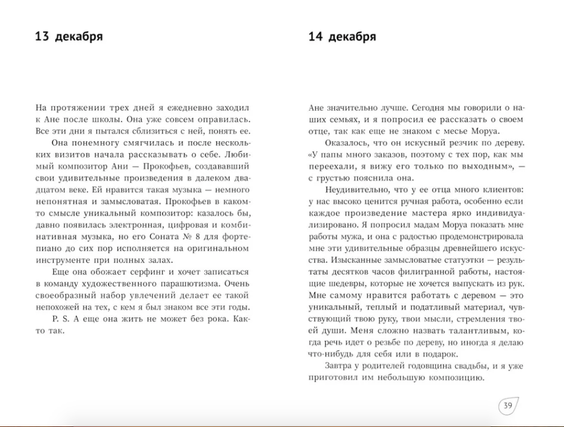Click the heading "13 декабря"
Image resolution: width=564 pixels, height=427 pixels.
(69, 37)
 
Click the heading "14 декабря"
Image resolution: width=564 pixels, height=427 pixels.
(342, 37)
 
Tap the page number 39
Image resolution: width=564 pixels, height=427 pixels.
(508, 406)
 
